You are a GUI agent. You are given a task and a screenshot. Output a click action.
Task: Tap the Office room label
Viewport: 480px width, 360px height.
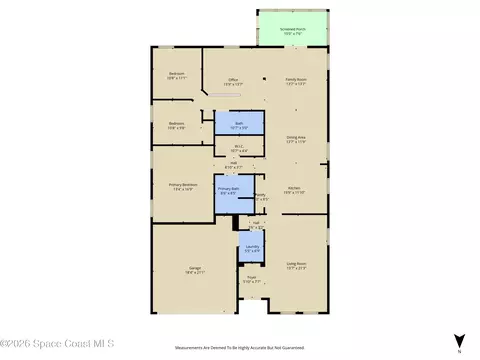[x=233, y=81]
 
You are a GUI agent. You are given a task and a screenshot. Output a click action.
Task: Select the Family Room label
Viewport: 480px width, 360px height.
[x=296, y=81]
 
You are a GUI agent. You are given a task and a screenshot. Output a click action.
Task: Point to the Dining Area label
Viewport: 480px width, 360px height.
[x=296, y=139]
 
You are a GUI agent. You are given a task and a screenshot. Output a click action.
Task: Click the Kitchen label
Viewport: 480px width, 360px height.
[x=293, y=189]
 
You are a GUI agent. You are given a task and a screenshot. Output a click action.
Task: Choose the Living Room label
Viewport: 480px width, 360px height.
[x=296, y=265]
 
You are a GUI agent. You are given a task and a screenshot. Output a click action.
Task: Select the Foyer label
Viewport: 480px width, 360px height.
[x=252, y=279]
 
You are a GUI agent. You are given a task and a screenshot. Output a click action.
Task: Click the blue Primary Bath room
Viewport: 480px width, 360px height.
[x=229, y=193]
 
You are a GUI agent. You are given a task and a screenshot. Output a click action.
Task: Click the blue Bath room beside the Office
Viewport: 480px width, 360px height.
[x=239, y=124]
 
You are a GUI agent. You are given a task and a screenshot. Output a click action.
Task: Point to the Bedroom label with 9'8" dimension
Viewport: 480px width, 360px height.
[x=176, y=125]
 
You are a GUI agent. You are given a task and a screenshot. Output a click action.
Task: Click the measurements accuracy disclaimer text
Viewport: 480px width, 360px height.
[x=240, y=349]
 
